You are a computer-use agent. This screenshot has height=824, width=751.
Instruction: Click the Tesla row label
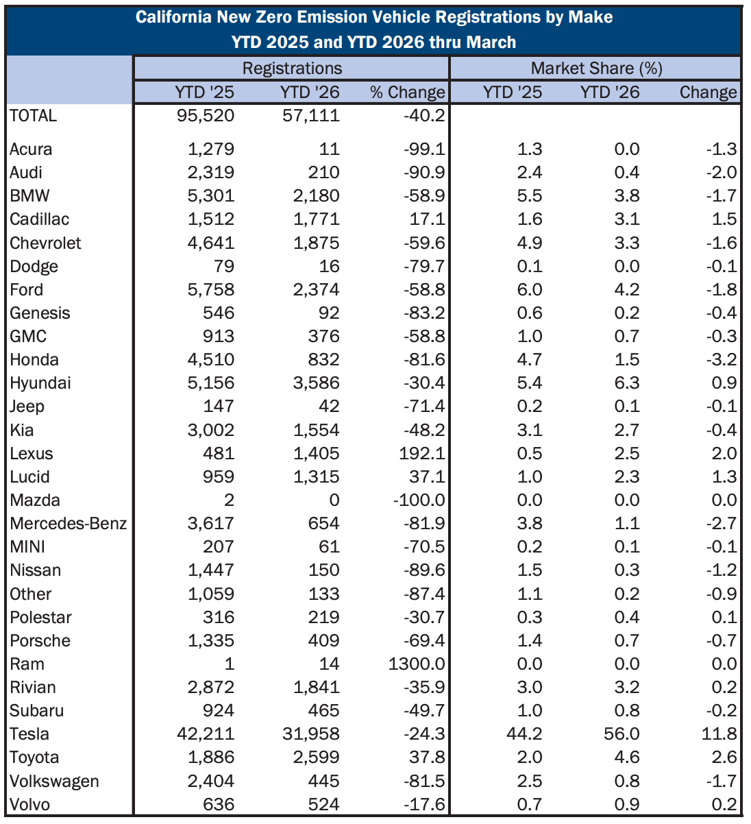(x=29, y=734)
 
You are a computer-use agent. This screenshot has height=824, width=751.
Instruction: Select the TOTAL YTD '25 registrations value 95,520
(x=206, y=115)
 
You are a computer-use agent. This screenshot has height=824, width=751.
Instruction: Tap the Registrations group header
(x=292, y=68)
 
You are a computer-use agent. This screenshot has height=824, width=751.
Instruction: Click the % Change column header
(x=408, y=92)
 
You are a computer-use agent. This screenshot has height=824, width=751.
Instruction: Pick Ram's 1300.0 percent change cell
(x=417, y=664)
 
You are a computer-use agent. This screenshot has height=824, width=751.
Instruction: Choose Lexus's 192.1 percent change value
(x=425, y=453)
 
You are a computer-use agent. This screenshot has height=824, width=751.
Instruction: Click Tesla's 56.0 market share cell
(x=621, y=734)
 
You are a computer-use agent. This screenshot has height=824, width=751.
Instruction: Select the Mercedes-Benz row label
(x=69, y=524)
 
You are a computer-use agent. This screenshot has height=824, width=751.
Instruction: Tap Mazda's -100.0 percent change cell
(x=419, y=500)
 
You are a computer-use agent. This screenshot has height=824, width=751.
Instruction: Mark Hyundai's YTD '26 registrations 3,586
(x=311, y=383)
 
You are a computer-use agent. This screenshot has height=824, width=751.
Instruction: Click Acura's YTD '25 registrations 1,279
(x=211, y=149)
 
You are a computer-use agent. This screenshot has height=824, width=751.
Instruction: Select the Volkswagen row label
(x=54, y=781)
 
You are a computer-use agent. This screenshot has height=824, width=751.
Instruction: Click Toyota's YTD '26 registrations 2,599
(x=311, y=758)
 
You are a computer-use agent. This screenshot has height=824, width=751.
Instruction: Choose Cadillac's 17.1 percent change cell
(x=429, y=219)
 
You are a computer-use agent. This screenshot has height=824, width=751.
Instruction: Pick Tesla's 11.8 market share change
(x=719, y=734)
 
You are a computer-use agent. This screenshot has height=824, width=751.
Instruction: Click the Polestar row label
(x=40, y=617)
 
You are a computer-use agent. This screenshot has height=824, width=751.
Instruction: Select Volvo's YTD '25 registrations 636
(x=219, y=804)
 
